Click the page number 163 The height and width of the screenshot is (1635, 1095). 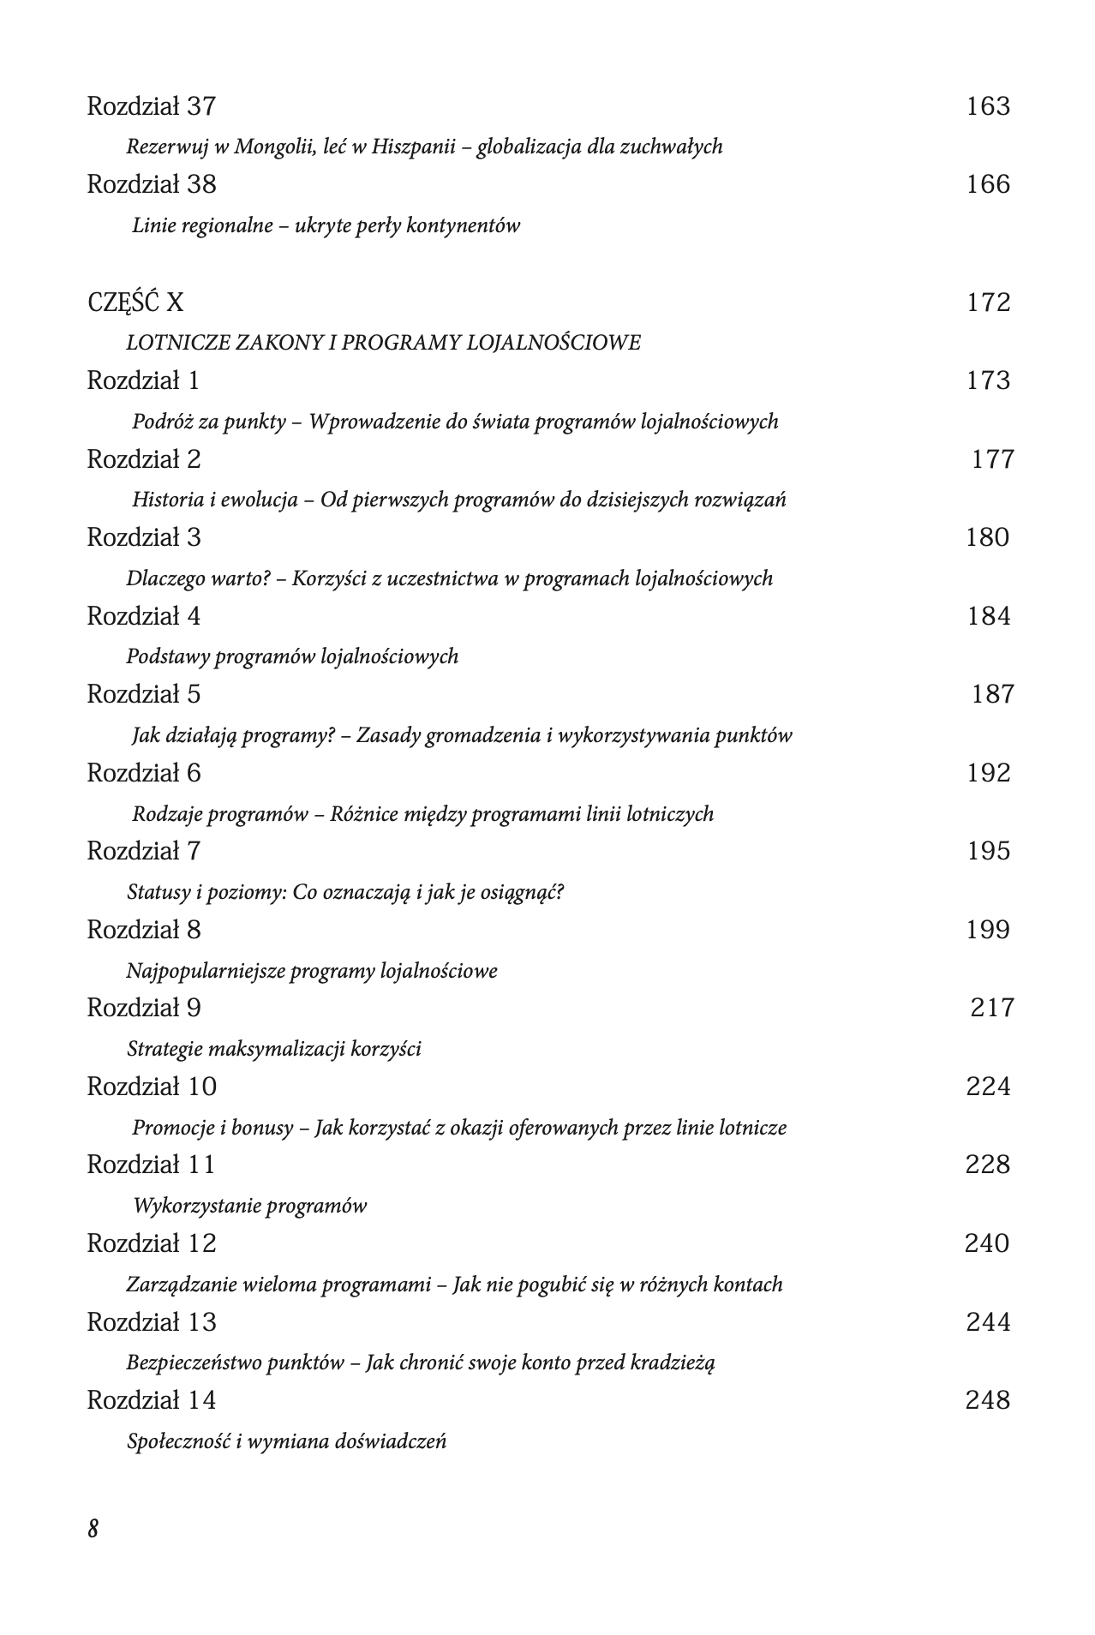pyautogui.click(x=988, y=106)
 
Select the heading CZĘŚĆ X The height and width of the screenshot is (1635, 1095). pyautogui.click(x=135, y=302)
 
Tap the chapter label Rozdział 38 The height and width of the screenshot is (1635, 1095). pyautogui.click(x=152, y=184)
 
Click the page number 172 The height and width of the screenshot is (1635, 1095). pyautogui.click(x=988, y=302)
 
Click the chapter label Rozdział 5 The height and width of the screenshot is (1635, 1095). pyautogui.click(x=144, y=694)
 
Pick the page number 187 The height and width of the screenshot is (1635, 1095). pyautogui.click(x=992, y=694)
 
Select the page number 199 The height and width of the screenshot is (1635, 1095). pyautogui.click(x=988, y=930)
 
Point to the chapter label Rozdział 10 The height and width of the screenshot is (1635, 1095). pyautogui.click(x=152, y=1087)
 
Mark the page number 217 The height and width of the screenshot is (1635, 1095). pyautogui.click(x=992, y=1008)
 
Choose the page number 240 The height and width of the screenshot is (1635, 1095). pyautogui.click(x=987, y=1243)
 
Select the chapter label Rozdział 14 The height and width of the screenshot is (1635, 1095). pyautogui.click(x=152, y=1400)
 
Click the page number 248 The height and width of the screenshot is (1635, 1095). pyautogui.click(x=988, y=1400)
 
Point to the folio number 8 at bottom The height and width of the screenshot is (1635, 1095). pyautogui.click(x=93, y=1529)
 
